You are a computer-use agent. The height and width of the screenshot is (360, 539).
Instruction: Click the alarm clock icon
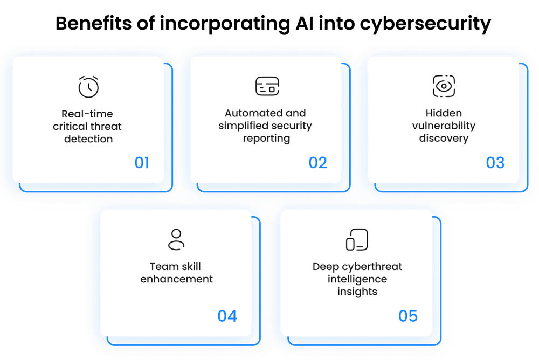88,87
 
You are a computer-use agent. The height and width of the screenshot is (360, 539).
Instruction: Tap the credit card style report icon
267,86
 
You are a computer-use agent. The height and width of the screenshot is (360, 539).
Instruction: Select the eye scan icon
444,86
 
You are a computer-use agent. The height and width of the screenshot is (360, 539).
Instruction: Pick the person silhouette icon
176,239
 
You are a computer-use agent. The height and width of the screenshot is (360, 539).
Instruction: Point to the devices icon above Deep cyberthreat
357,239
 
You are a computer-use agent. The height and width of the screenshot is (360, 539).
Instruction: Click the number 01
142,162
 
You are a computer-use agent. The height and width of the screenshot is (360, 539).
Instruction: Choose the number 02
318,162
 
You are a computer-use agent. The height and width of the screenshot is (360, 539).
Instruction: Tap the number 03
495,162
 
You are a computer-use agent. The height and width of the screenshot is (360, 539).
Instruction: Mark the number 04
227,316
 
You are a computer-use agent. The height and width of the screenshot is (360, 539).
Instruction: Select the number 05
408,316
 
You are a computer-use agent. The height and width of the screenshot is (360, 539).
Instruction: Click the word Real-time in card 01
87,114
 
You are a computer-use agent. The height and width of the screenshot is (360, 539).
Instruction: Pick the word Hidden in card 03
444,114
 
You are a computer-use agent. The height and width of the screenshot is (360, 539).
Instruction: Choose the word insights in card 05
357,292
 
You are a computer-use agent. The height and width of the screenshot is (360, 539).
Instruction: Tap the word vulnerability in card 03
444,126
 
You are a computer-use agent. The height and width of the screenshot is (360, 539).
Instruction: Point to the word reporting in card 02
265,138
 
